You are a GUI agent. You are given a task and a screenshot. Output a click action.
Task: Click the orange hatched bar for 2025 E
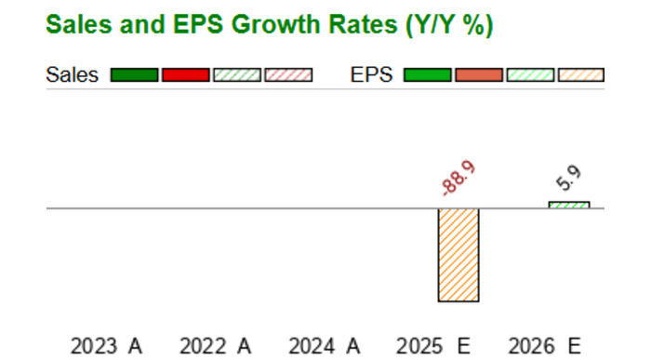pos(458,255)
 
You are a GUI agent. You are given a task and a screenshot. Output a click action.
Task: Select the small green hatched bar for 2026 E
pos(568,205)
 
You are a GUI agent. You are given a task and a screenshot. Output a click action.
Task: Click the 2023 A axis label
pos(106,346)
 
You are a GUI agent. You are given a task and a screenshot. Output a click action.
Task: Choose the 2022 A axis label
pos(216,346)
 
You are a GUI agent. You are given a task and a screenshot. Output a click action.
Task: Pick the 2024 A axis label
pos(325,346)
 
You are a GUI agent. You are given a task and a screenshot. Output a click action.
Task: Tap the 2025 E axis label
pos(433,346)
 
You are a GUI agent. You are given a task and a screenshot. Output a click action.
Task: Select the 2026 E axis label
pos(543,346)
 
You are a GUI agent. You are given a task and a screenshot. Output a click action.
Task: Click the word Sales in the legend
pos(72,75)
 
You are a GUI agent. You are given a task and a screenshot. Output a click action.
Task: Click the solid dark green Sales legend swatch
pos(134,75)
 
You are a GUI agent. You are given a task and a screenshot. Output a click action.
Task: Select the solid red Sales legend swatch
pos(185,75)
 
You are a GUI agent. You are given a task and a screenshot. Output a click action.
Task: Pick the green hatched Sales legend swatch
pos(236,75)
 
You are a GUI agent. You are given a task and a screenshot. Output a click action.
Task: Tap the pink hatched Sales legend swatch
pos(287,75)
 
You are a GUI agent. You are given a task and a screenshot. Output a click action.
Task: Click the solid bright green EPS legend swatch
pos(428,75)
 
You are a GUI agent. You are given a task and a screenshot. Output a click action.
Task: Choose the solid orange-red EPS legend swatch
pos(479,75)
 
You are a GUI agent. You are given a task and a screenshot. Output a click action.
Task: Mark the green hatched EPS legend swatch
pos(529,75)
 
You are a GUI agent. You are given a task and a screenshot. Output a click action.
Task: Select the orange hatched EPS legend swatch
pos(580,75)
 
